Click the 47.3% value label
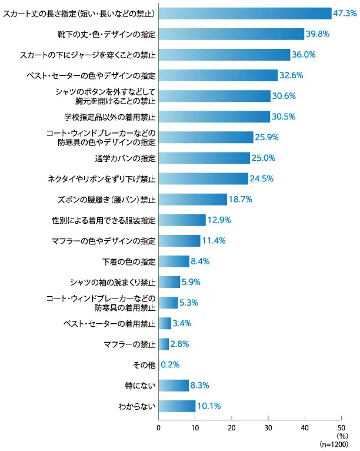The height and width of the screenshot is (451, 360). (x=345, y=13)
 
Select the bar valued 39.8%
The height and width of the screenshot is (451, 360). (x=231, y=34)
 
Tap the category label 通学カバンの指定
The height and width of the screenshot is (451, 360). (x=125, y=158)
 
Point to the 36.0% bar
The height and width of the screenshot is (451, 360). (x=224, y=55)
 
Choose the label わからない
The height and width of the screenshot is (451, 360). (x=137, y=406)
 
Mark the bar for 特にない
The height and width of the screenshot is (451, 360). (x=174, y=385)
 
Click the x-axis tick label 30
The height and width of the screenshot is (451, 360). (x=268, y=427)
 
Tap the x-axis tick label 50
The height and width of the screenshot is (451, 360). (x=341, y=427)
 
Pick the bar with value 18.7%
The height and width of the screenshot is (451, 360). (x=192, y=199)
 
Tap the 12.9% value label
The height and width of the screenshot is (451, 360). (x=219, y=220)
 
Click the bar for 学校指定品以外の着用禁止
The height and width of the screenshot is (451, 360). (x=214, y=117)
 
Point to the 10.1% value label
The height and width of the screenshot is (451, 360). (x=208, y=406)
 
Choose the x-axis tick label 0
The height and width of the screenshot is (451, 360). (x=159, y=427)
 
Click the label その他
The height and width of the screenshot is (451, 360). (x=145, y=365)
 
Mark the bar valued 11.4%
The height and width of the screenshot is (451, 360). (x=179, y=241)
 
